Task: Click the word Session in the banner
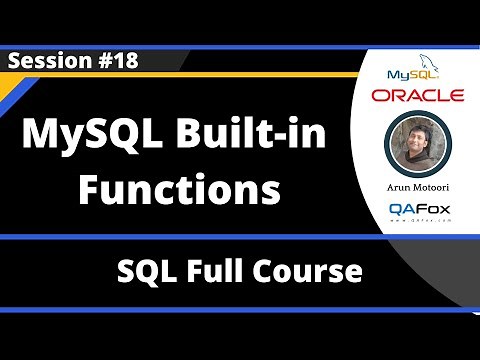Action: point(44,60)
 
